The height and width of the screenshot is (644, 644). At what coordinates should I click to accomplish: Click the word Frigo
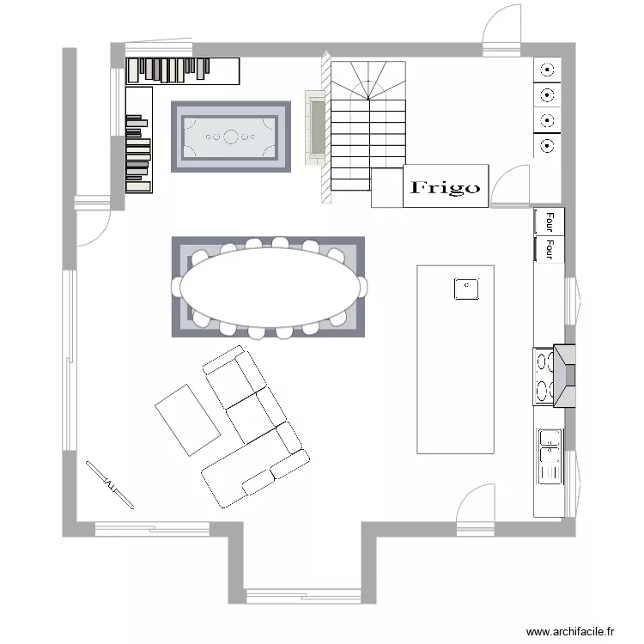(x=446, y=187)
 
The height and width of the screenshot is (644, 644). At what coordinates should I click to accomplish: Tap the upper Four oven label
(x=548, y=222)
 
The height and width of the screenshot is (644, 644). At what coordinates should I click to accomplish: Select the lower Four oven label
(x=548, y=249)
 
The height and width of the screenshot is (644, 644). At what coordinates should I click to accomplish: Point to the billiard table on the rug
(x=231, y=136)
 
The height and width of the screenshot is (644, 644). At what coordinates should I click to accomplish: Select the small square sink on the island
(x=466, y=289)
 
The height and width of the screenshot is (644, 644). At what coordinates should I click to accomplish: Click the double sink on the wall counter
(x=549, y=456)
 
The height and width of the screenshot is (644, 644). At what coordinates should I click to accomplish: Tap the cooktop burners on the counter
(x=543, y=376)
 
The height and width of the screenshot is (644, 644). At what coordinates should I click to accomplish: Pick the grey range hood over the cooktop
(x=566, y=374)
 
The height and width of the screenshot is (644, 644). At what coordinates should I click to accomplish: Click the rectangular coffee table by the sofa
(x=188, y=419)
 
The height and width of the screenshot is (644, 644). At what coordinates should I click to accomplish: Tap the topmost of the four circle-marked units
(x=547, y=70)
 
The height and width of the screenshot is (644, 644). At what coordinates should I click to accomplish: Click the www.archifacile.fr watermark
(x=570, y=630)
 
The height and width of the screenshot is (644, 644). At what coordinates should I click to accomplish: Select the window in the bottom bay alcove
(x=303, y=595)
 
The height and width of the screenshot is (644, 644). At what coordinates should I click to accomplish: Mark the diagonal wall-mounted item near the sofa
(x=110, y=485)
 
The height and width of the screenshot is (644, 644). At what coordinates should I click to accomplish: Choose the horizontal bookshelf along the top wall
(x=181, y=70)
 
